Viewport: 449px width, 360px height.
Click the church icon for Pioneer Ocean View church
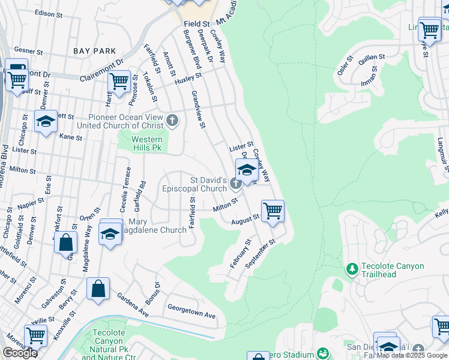click(x=172, y=121)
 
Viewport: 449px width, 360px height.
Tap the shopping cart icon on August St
click(x=273, y=211)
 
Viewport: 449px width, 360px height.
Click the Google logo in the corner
click(x=20, y=353)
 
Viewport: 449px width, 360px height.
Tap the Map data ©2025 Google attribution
click(x=412, y=355)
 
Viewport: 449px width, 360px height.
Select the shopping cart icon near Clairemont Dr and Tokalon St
click(x=119, y=80)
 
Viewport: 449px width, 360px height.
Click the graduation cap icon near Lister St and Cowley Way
click(x=246, y=169)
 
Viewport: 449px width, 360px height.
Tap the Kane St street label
click(x=71, y=137)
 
